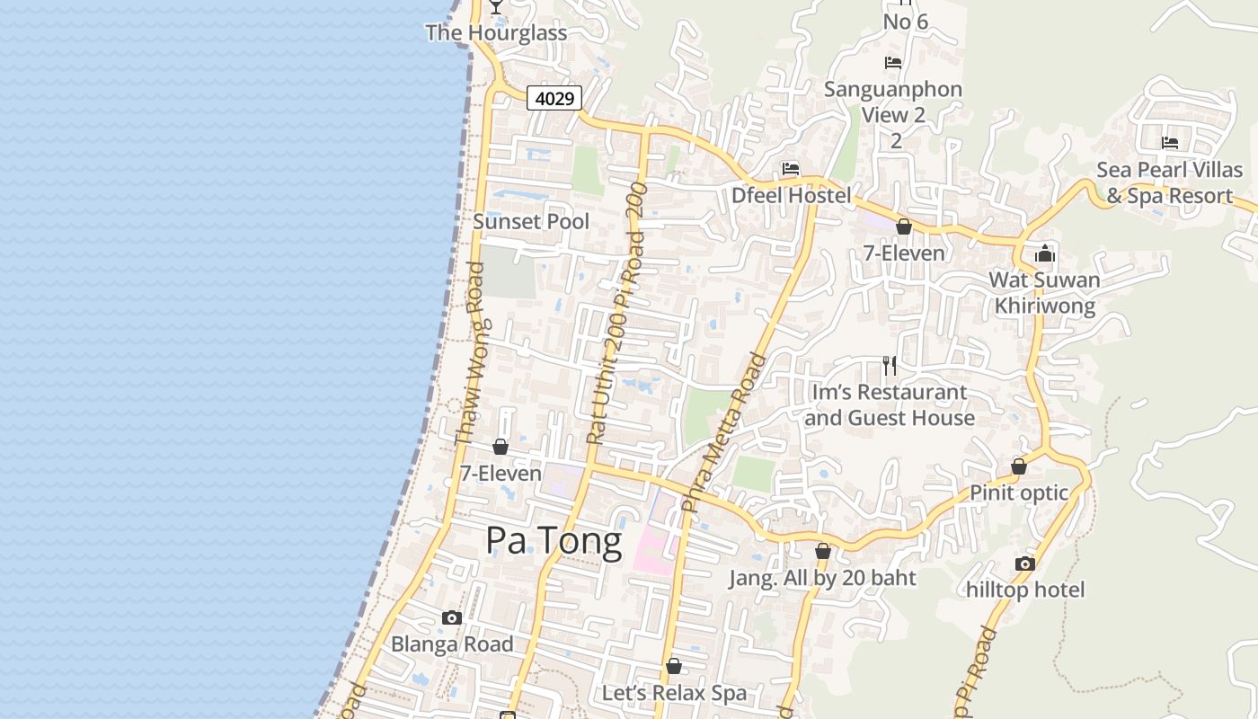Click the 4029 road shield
pos(554,98)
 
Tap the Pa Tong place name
pos(554,541)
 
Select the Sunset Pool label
pos(531,221)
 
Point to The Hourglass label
pos(496,33)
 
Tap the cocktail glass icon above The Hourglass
pos(495,6)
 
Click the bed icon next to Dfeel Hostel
pos(791,169)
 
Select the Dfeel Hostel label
pos(791,195)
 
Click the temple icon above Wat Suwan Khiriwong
pos(1044,253)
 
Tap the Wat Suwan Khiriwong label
pos(1044,293)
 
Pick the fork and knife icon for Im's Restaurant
pos(890,365)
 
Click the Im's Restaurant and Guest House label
pos(890,404)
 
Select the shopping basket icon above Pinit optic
pos(1019,466)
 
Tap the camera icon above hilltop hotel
pos(1025,564)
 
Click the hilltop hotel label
pos(1025,590)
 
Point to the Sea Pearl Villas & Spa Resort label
pos(1169,182)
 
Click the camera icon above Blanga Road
pos(452,617)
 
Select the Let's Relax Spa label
pos(674,693)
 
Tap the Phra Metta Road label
pos(724,432)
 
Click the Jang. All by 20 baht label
pos(822,578)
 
